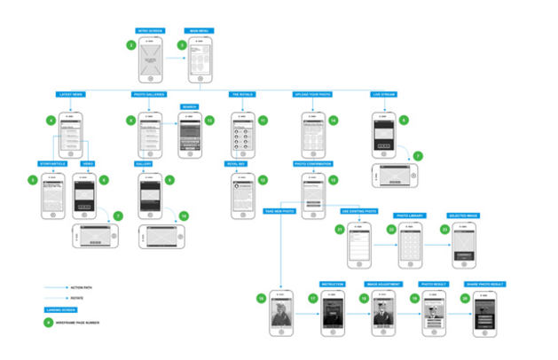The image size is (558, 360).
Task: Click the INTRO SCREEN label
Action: click(149, 30)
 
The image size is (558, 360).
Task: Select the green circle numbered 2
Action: click(131, 44)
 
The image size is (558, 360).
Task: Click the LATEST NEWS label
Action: click(70, 93)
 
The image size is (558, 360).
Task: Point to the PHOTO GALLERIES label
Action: click(148, 93)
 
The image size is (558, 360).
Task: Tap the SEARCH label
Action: click(189, 106)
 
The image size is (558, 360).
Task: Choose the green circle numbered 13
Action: click(209, 120)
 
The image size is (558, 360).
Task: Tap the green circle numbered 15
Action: click(333, 179)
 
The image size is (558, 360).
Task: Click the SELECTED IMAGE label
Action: click(464, 215)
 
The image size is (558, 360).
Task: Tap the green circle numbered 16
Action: click(261, 299)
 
